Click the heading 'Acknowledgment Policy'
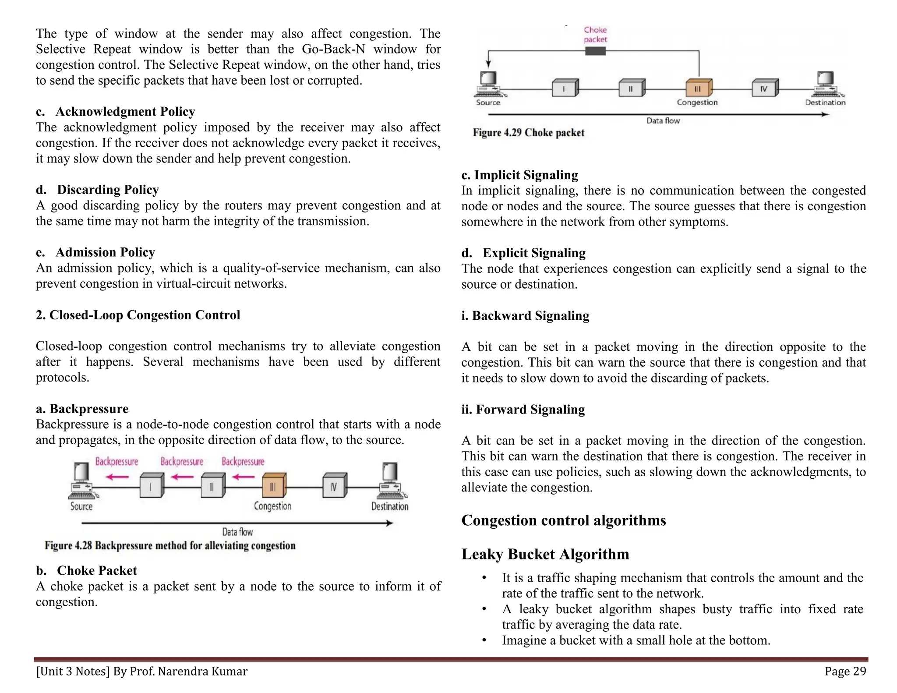click(x=125, y=112)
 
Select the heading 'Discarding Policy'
click(x=108, y=190)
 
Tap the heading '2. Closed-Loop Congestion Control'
click(x=138, y=315)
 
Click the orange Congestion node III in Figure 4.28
click(x=274, y=486)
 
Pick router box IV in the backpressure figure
click(x=335, y=486)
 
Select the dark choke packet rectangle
click(x=595, y=51)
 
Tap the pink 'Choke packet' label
click(x=595, y=35)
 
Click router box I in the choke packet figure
click(x=565, y=88)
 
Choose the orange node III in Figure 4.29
click(x=698, y=88)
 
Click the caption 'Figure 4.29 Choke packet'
click(x=528, y=133)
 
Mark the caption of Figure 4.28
click(x=170, y=546)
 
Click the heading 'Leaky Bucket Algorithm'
click(x=545, y=554)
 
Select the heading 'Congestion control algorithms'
click(x=563, y=520)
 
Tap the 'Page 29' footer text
click(x=845, y=671)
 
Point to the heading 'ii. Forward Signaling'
click(x=523, y=410)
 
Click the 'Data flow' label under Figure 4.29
click(x=663, y=121)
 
